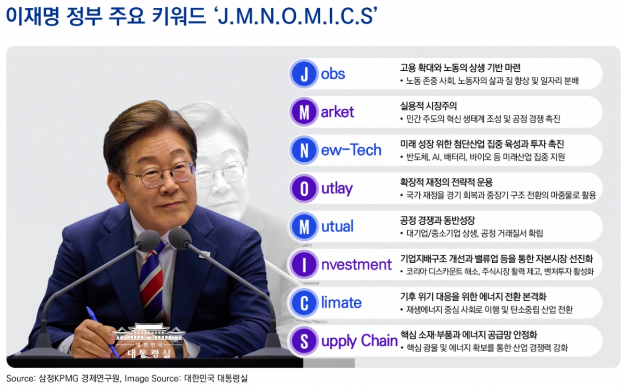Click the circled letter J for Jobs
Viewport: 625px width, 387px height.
point(304,74)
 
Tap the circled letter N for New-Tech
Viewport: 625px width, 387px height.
point(304,150)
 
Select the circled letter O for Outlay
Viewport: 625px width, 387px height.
point(304,188)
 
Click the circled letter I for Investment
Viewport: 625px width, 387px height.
point(304,265)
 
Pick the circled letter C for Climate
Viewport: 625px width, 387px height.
point(304,303)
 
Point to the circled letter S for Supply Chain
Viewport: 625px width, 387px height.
point(304,341)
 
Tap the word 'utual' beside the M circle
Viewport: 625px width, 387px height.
point(337,226)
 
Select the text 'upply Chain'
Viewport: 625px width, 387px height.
point(359,341)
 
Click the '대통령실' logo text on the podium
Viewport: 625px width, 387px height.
point(149,352)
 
